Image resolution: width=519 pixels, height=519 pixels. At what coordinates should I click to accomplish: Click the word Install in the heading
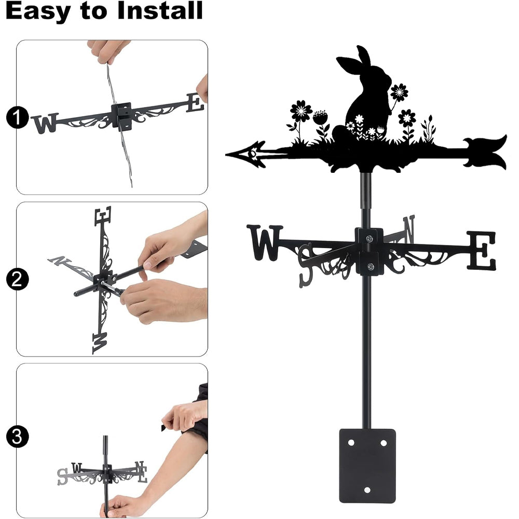[x=160, y=10]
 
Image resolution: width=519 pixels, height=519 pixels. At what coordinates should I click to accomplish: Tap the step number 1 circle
[x=17, y=117]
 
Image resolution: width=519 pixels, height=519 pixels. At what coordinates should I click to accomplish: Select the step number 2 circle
[x=17, y=279]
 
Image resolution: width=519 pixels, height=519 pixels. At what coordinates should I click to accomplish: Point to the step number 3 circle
[x=17, y=436]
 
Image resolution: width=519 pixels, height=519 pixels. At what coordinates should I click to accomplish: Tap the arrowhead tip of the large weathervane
[x=226, y=155]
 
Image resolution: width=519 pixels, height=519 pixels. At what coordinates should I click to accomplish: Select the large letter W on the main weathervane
[x=265, y=242]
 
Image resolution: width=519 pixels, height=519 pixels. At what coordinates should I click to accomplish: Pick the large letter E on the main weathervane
[x=482, y=250]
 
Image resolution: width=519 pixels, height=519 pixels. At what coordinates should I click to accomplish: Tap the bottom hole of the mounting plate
[x=367, y=490]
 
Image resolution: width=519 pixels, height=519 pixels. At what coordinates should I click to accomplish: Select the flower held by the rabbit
[x=399, y=92]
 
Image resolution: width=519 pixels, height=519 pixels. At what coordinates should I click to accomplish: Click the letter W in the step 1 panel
[x=45, y=123]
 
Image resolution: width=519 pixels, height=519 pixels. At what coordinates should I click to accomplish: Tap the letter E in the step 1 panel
[x=195, y=103]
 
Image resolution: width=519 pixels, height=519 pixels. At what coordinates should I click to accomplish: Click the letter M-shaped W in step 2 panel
[x=100, y=343]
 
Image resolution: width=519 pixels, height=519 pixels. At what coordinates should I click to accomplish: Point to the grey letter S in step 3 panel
[x=62, y=476]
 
